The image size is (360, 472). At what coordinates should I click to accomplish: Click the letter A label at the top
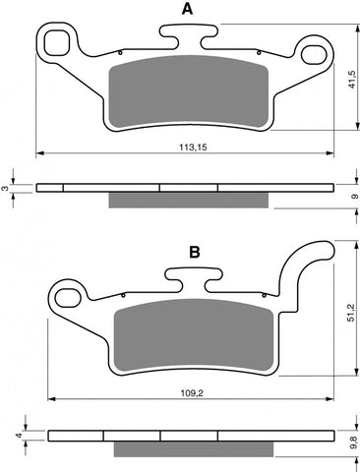[187, 11]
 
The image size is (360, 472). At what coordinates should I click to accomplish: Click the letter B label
[195, 253]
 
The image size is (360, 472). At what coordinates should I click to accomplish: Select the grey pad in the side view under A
[187, 200]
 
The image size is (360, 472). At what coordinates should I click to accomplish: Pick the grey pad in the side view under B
[191, 448]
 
